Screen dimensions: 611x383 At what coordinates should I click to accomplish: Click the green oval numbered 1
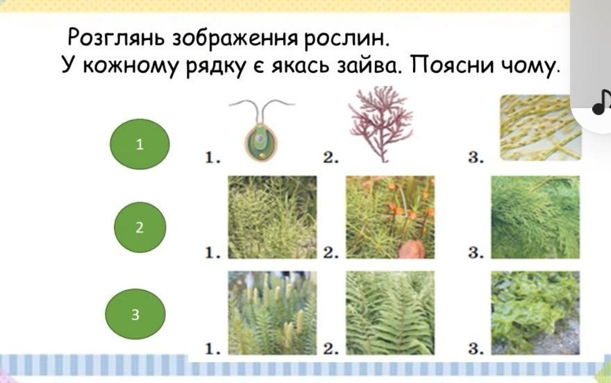(140, 144)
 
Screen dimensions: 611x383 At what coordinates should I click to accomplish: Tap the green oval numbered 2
(140, 228)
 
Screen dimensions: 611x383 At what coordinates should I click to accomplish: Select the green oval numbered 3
(135, 314)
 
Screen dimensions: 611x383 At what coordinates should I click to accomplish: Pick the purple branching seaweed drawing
(380, 124)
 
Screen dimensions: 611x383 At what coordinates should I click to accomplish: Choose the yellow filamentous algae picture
(540, 128)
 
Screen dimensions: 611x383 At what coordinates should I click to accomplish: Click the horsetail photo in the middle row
(272, 217)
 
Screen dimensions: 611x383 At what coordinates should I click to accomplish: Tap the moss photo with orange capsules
(390, 217)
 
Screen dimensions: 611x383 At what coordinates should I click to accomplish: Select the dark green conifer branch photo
(535, 217)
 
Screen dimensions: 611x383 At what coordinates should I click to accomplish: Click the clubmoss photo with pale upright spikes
(272, 313)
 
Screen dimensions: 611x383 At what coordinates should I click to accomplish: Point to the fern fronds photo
(390, 313)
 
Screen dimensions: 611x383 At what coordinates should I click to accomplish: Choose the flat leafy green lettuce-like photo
(535, 313)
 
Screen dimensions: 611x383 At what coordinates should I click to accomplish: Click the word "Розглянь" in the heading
(116, 38)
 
